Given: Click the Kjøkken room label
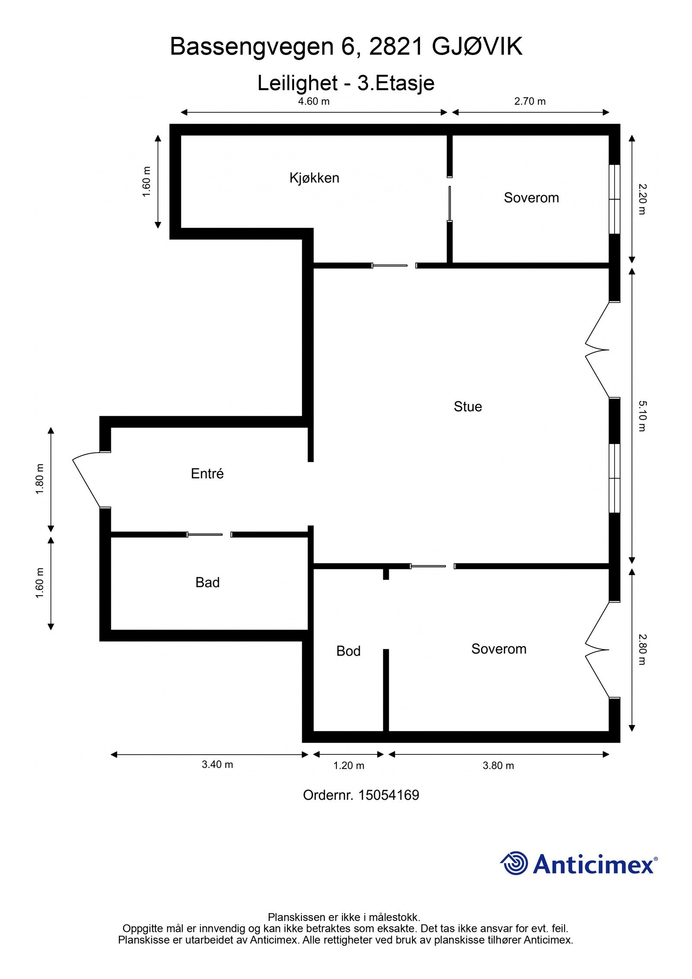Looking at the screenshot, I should click(x=314, y=178).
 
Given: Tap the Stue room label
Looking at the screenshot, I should click(x=468, y=406).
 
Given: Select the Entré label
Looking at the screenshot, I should click(x=207, y=473).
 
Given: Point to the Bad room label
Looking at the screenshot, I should click(x=207, y=582).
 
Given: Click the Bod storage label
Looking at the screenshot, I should click(x=348, y=651).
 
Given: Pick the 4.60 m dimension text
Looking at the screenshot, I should click(x=314, y=101).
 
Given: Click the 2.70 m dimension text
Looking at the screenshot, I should click(x=530, y=101).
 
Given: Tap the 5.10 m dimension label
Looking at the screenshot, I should click(x=642, y=416).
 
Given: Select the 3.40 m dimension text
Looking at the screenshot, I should click(x=217, y=764).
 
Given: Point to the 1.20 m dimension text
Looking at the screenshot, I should click(x=349, y=766).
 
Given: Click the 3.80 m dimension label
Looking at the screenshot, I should click(x=498, y=766).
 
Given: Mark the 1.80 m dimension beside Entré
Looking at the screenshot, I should click(x=40, y=479).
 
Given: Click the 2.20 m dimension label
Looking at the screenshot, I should click(x=642, y=199).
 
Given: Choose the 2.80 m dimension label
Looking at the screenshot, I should click(x=642, y=649).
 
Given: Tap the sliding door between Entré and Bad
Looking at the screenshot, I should click(x=205, y=535).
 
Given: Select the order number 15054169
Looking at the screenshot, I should click(x=388, y=795).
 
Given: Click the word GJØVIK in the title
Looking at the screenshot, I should click(x=477, y=47).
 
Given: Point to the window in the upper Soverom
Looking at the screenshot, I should click(x=614, y=199).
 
